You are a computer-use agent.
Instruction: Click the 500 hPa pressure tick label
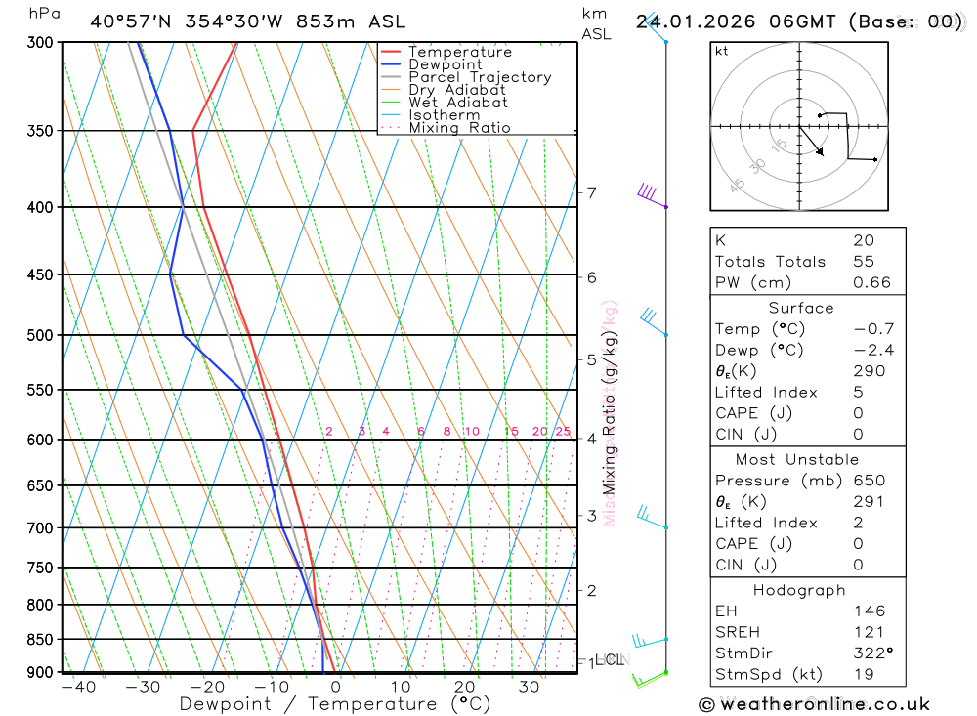40,335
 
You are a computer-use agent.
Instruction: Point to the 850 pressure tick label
40,639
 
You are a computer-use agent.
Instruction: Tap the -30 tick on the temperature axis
143,688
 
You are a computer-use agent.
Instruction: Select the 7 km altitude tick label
592,192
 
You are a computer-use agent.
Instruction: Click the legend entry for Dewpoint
446,64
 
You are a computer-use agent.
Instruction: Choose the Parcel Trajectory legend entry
480,77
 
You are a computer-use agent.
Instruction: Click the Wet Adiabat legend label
457,103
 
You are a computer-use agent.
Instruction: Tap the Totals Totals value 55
863,262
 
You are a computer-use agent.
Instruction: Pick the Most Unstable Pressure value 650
869,481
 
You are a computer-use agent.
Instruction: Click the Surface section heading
801,308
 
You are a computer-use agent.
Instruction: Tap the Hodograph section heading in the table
799,590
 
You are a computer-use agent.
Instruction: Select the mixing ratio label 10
471,432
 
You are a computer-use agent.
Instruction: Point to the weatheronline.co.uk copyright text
814,704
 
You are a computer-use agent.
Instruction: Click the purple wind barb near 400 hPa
650,194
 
